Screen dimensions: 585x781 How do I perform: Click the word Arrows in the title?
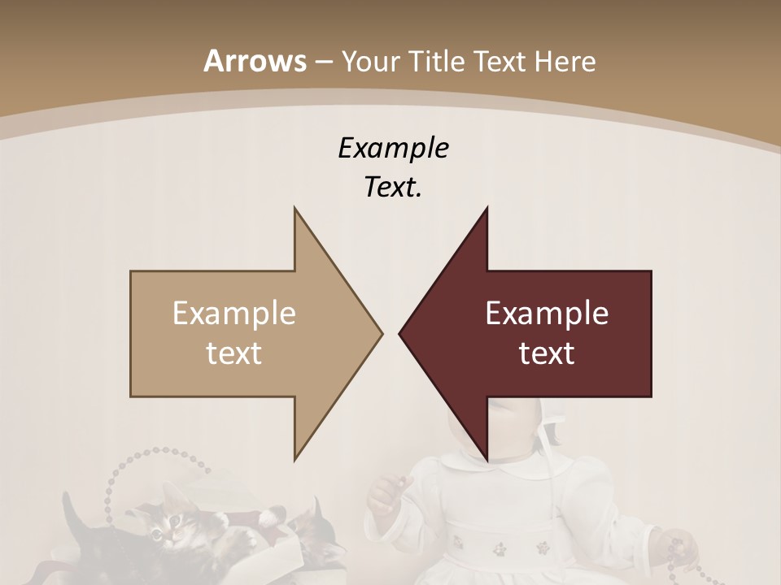click(x=255, y=61)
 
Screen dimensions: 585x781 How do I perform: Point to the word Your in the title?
click(x=368, y=62)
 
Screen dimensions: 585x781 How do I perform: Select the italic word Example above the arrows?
click(x=393, y=148)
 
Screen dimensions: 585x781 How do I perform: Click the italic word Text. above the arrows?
click(x=393, y=187)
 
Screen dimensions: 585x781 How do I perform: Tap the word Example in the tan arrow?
click(x=234, y=313)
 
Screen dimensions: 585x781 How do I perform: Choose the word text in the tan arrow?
click(x=234, y=353)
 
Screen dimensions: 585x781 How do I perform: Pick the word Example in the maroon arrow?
click(x=547, y=313)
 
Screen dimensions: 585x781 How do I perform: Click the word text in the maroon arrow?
click(x=547, y=353)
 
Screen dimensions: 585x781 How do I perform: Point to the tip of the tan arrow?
click(x=381, y=333)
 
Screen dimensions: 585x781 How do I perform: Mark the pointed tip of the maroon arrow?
click(x=400, y=333)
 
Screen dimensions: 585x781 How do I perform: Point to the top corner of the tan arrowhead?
click(x=295, y=209)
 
